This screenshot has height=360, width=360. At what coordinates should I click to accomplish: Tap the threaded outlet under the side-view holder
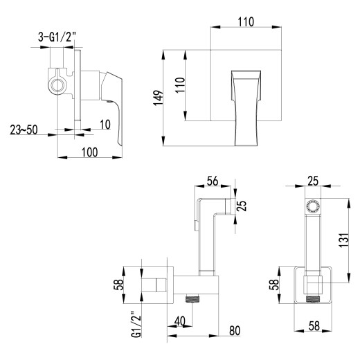[194, 300]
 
